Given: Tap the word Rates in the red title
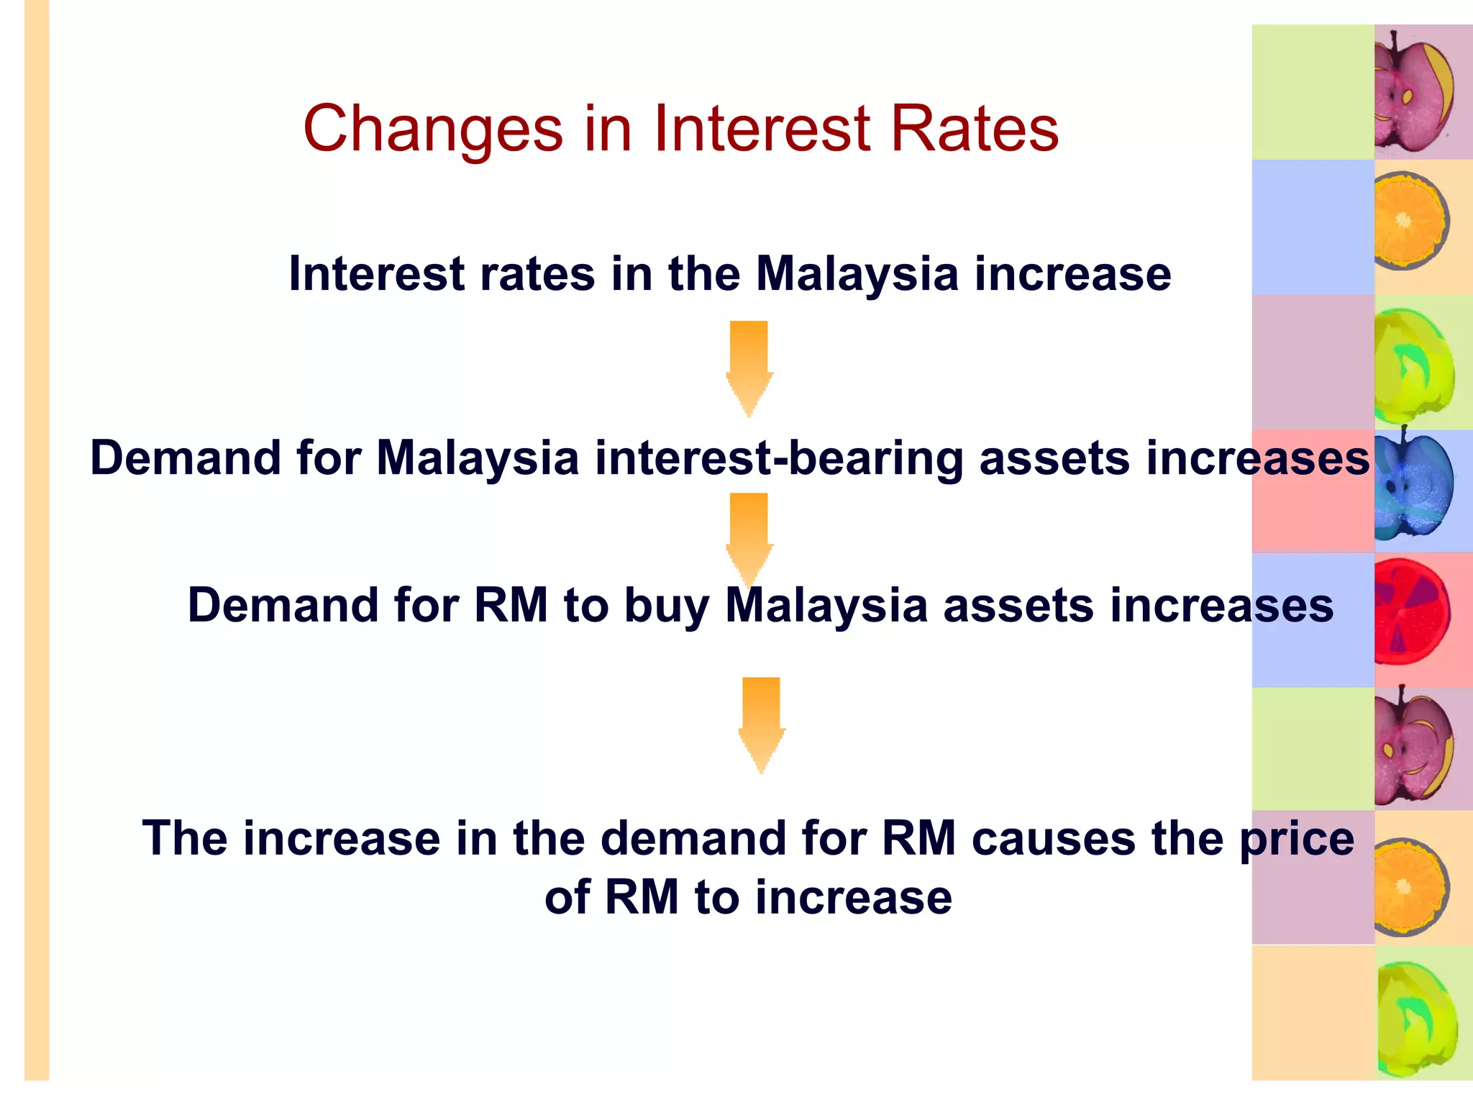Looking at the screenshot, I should click(975, 129).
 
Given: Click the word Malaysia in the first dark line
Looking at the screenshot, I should click(857, 274).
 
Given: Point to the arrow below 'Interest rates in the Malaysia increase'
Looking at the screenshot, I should click(749, 367).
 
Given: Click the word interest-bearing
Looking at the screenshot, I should click(779, 458).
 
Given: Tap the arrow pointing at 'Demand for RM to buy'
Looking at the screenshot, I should click(749, 536).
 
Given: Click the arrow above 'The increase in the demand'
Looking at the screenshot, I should click(761, 723).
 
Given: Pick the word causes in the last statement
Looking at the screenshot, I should click(1053, 839).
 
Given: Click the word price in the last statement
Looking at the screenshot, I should click(1296, 840).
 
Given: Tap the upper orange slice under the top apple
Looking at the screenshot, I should click(1409, 221).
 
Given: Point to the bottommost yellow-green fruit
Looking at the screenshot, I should click(1416, 1018).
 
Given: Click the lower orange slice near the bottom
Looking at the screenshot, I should click(1409, 887).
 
